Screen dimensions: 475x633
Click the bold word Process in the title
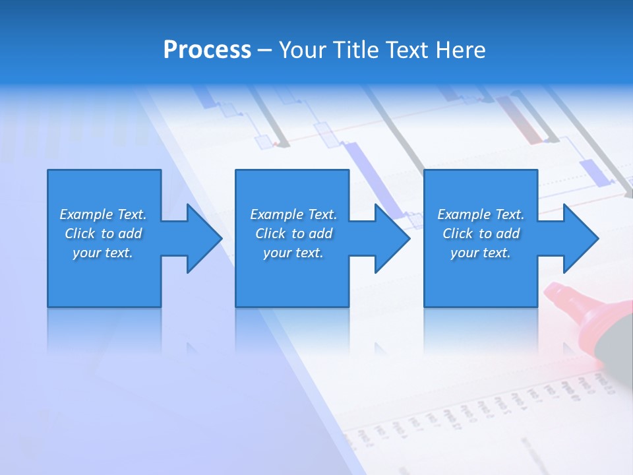click(x=207, y=50)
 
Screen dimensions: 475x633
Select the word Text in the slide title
click(x=406, y=50)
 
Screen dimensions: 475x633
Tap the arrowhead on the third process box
click(x=580, y=238)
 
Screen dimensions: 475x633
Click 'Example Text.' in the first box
click(x=103, y=214)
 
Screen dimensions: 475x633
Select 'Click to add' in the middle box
click(x=293, y=234)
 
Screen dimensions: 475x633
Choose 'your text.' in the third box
click(x=480, y=253)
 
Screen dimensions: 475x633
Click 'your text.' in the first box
click(x=103, y=253)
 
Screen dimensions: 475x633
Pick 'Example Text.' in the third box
click(x=481, y=214)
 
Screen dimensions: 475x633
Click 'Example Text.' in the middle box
click(x=293, y=214)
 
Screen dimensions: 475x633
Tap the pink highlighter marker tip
click(x=561, y=298)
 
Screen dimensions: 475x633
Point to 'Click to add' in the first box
click(x=103, y=234)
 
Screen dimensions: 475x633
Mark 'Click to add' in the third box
click(x=481, y=234)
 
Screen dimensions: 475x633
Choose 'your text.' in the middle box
click(x=293, y=253)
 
